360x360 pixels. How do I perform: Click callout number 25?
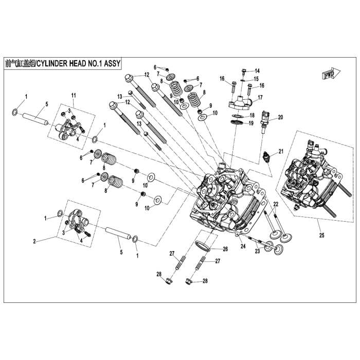point(321,236)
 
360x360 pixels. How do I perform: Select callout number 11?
point(73,96)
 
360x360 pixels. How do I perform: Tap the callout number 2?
point(34,241)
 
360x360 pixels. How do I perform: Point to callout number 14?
point(257,70)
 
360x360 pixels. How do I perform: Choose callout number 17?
point(260,97)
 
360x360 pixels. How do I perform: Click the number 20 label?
point(281,117)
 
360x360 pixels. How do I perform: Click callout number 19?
point(251,123)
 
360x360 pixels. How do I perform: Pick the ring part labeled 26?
point(203,245)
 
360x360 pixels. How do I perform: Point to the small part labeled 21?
point(266,156)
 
